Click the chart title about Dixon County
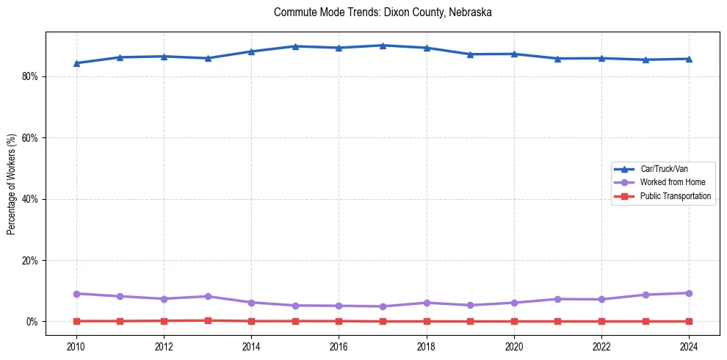(x=383, y=12)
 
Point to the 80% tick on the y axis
(x=30, y=76)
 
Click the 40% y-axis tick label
(x=30, y=199)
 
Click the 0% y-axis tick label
(x=32, y=322)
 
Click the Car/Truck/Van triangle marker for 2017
(x=383, y=46)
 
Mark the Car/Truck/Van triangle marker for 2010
(x=76, y=63)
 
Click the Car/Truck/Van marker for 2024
(x=689, y=59)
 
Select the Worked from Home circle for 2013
(x=208, y=296)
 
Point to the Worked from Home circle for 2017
(x=383, y=306)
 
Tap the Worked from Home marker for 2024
(x=689, y=293)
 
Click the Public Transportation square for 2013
(x=208, y=320)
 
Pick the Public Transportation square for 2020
(x=514, y=321)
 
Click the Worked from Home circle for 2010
(x=76, y=294)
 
